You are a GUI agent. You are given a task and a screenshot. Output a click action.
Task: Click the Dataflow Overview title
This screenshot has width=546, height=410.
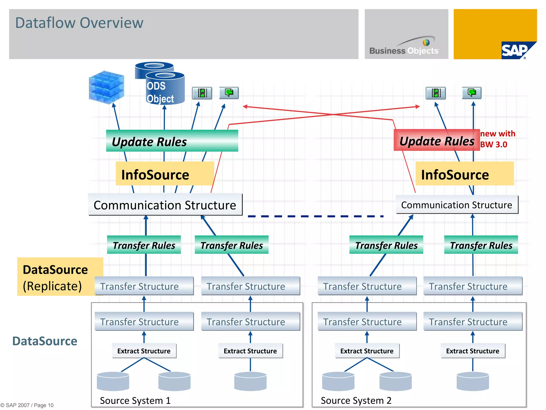coord(79,23)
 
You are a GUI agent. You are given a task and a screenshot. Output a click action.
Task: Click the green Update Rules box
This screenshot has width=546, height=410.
coord(172,141)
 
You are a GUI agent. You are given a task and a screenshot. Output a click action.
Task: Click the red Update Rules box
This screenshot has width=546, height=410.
coord(437,140)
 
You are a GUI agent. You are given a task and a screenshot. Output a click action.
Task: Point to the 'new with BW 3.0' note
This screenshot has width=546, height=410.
coord(497,139)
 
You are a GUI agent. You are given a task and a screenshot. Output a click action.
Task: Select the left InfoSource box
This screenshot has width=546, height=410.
coord(165,174)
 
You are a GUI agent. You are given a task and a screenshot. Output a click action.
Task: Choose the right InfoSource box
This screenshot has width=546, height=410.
coord(464,174)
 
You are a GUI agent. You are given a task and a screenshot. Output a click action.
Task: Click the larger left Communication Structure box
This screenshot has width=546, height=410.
coord(165,205)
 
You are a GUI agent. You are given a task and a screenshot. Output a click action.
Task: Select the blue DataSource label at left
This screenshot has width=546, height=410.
coord(45,341)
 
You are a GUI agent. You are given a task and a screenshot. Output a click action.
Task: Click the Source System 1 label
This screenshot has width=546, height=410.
coord(135,400)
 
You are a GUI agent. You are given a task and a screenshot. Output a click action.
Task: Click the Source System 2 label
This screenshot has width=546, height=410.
coord(356,400)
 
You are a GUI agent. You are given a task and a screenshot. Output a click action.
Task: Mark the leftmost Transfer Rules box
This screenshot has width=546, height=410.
coord(144,245)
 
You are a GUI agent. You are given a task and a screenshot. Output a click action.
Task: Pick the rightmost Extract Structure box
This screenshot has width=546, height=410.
coord(473,351)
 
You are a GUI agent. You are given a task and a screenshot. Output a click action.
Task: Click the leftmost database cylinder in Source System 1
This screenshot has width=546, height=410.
coord(113,381)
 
